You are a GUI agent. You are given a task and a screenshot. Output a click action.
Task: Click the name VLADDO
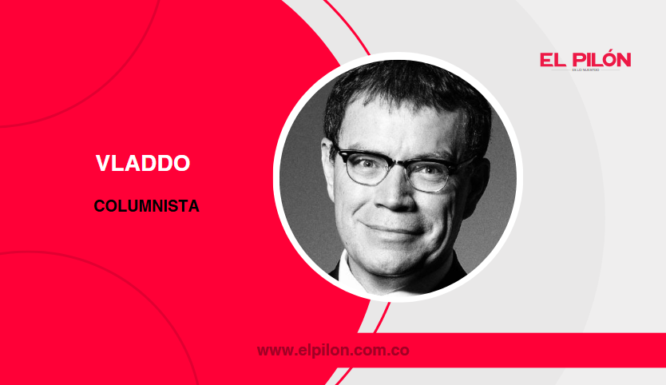143,164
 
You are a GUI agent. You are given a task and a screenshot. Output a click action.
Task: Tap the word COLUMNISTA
146,206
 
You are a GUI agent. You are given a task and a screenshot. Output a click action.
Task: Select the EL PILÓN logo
585,62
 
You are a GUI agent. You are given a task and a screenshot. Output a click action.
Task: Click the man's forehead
399,128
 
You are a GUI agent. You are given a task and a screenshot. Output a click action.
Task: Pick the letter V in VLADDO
102,164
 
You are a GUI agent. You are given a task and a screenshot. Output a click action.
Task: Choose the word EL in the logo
553,59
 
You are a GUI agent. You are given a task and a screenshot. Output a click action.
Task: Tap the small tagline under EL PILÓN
585,71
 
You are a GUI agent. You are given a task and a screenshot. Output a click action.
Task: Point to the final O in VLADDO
181,164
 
